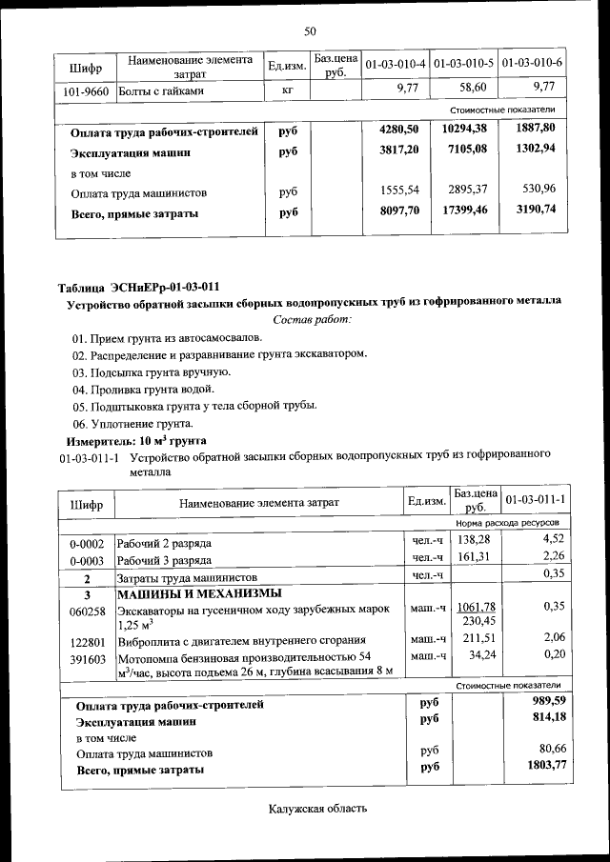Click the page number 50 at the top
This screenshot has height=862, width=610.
pos(310,31)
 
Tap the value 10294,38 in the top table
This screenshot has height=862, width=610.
pos(465,129)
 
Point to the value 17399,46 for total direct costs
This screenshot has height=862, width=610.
pos(465,212)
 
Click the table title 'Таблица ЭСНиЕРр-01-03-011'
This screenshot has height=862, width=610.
pos(139,285)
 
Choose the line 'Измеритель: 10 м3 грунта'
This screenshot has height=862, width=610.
pos(136,440)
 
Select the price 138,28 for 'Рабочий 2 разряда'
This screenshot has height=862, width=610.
pos(474,539)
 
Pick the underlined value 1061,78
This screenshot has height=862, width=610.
pos(474,608)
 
